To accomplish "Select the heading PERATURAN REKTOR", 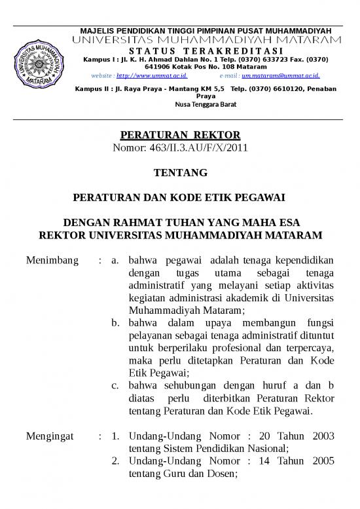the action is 180,136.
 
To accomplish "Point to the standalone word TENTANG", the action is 180,173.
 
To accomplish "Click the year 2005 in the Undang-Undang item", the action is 320,461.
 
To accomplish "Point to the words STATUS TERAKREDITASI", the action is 206,51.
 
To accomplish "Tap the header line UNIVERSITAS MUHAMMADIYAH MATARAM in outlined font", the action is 206,41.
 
